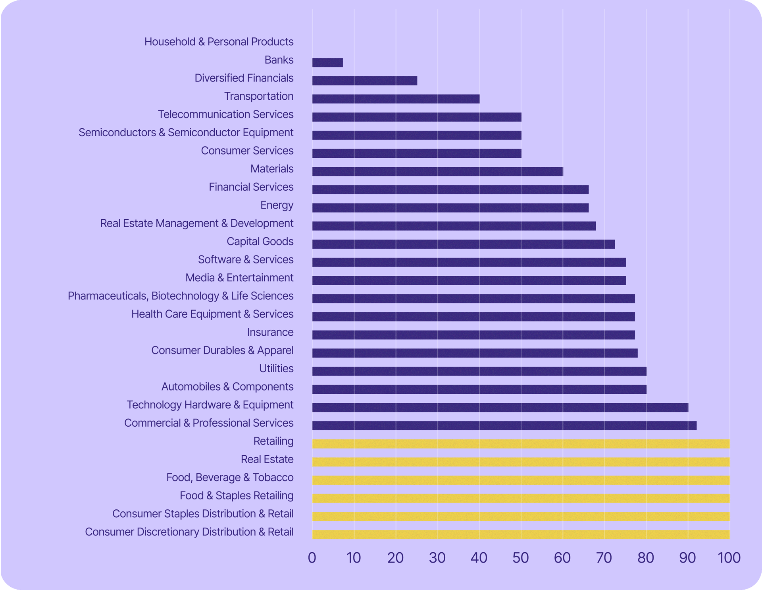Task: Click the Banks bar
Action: [x=327, y=62]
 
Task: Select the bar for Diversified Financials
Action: [x=364, y=81]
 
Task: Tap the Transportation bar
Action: [x=396, y=99]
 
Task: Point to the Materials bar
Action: [x=437, y=171]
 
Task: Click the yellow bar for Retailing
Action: [x=521, y=444]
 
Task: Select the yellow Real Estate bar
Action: [x=521, y=462]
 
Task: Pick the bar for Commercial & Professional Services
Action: [x=504, y=426]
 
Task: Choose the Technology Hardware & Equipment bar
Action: [x=500, y=407]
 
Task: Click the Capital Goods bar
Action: [x=463, y=244]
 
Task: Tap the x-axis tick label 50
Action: [x=520, y=558]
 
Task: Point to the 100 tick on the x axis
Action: [x=729, y=558]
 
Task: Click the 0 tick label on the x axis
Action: [x=312, y=558]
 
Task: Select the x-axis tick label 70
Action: [x=604, y=558]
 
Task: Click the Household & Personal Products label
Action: [x=219, y=42]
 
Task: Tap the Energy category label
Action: [x=277, y=205]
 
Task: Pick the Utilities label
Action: [x=276, y=368]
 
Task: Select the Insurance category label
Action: [x=270, y=332]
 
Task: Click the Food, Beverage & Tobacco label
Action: [x=230, y=477]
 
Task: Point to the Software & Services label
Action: [x=246, y=259]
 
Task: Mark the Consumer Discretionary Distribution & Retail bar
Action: [x=521, y=534]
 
